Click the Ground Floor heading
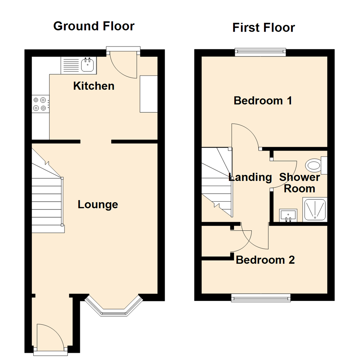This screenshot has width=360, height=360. (94, 26)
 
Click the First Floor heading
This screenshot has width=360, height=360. (263, 28)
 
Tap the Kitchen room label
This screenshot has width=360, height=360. (94, 86)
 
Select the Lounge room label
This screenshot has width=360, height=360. (98, 204)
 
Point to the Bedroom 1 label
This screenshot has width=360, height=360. (263, 100)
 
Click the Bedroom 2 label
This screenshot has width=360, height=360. (265, 260)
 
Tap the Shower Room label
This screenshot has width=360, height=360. (299, 183)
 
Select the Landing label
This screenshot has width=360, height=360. (251, 177)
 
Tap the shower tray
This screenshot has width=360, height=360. (315, 209)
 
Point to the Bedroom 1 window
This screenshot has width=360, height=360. (260, 51)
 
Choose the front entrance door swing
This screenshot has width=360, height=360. (49, 337)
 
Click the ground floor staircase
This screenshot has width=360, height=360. (47, 193)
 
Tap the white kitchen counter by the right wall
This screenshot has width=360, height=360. (148, 94)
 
